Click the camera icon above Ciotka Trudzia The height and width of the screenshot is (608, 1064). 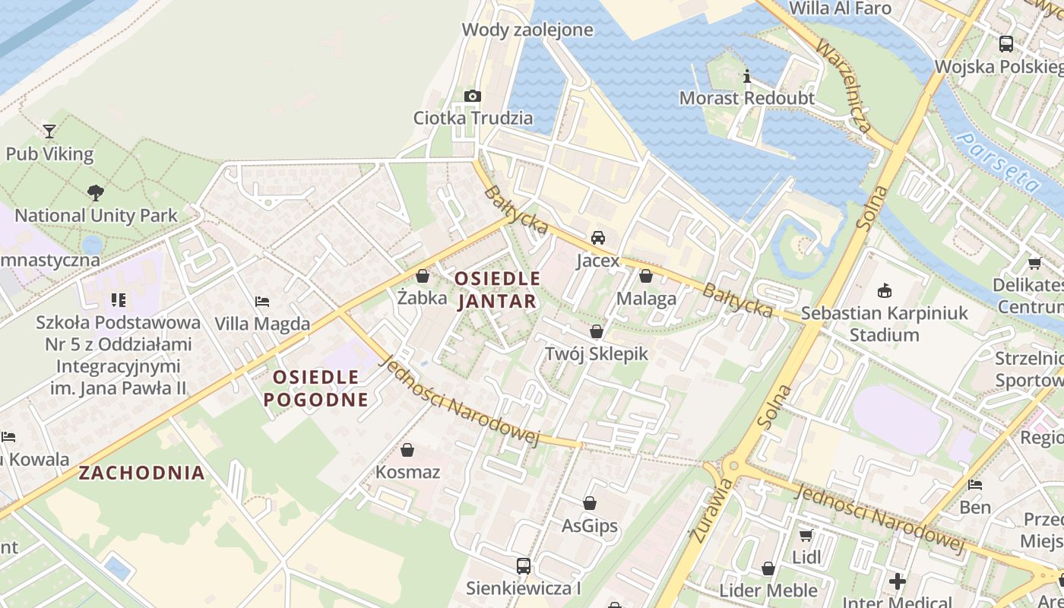coord(473,96)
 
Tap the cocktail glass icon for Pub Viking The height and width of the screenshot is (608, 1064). coord(49,131)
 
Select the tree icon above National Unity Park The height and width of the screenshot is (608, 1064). coord(96,193)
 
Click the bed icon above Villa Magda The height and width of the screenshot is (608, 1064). coord(262,302)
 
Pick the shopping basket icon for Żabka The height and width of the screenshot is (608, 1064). coord(423,275)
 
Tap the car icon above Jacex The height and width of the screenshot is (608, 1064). coord(598,238)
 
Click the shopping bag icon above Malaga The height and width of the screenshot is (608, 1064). coord(646,276)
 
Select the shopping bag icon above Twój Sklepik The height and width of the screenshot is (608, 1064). coord(597,331)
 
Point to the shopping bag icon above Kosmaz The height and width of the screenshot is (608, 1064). coord(407,450)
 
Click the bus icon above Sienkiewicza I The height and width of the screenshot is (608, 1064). coord(524,565)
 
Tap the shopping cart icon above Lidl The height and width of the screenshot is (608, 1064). coord(806,535)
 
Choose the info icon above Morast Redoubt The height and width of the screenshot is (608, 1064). coord(747,76)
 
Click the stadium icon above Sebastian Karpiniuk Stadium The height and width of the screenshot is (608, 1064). coord(885,290)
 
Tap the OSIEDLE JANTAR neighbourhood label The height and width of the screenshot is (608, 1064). coord(498,290)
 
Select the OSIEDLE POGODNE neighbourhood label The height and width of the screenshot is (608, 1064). coord(315,388)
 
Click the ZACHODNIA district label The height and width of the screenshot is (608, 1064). coord(142,473)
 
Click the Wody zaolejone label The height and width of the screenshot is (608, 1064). coord(527,30)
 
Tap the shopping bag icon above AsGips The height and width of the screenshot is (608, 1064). coord(590,503)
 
